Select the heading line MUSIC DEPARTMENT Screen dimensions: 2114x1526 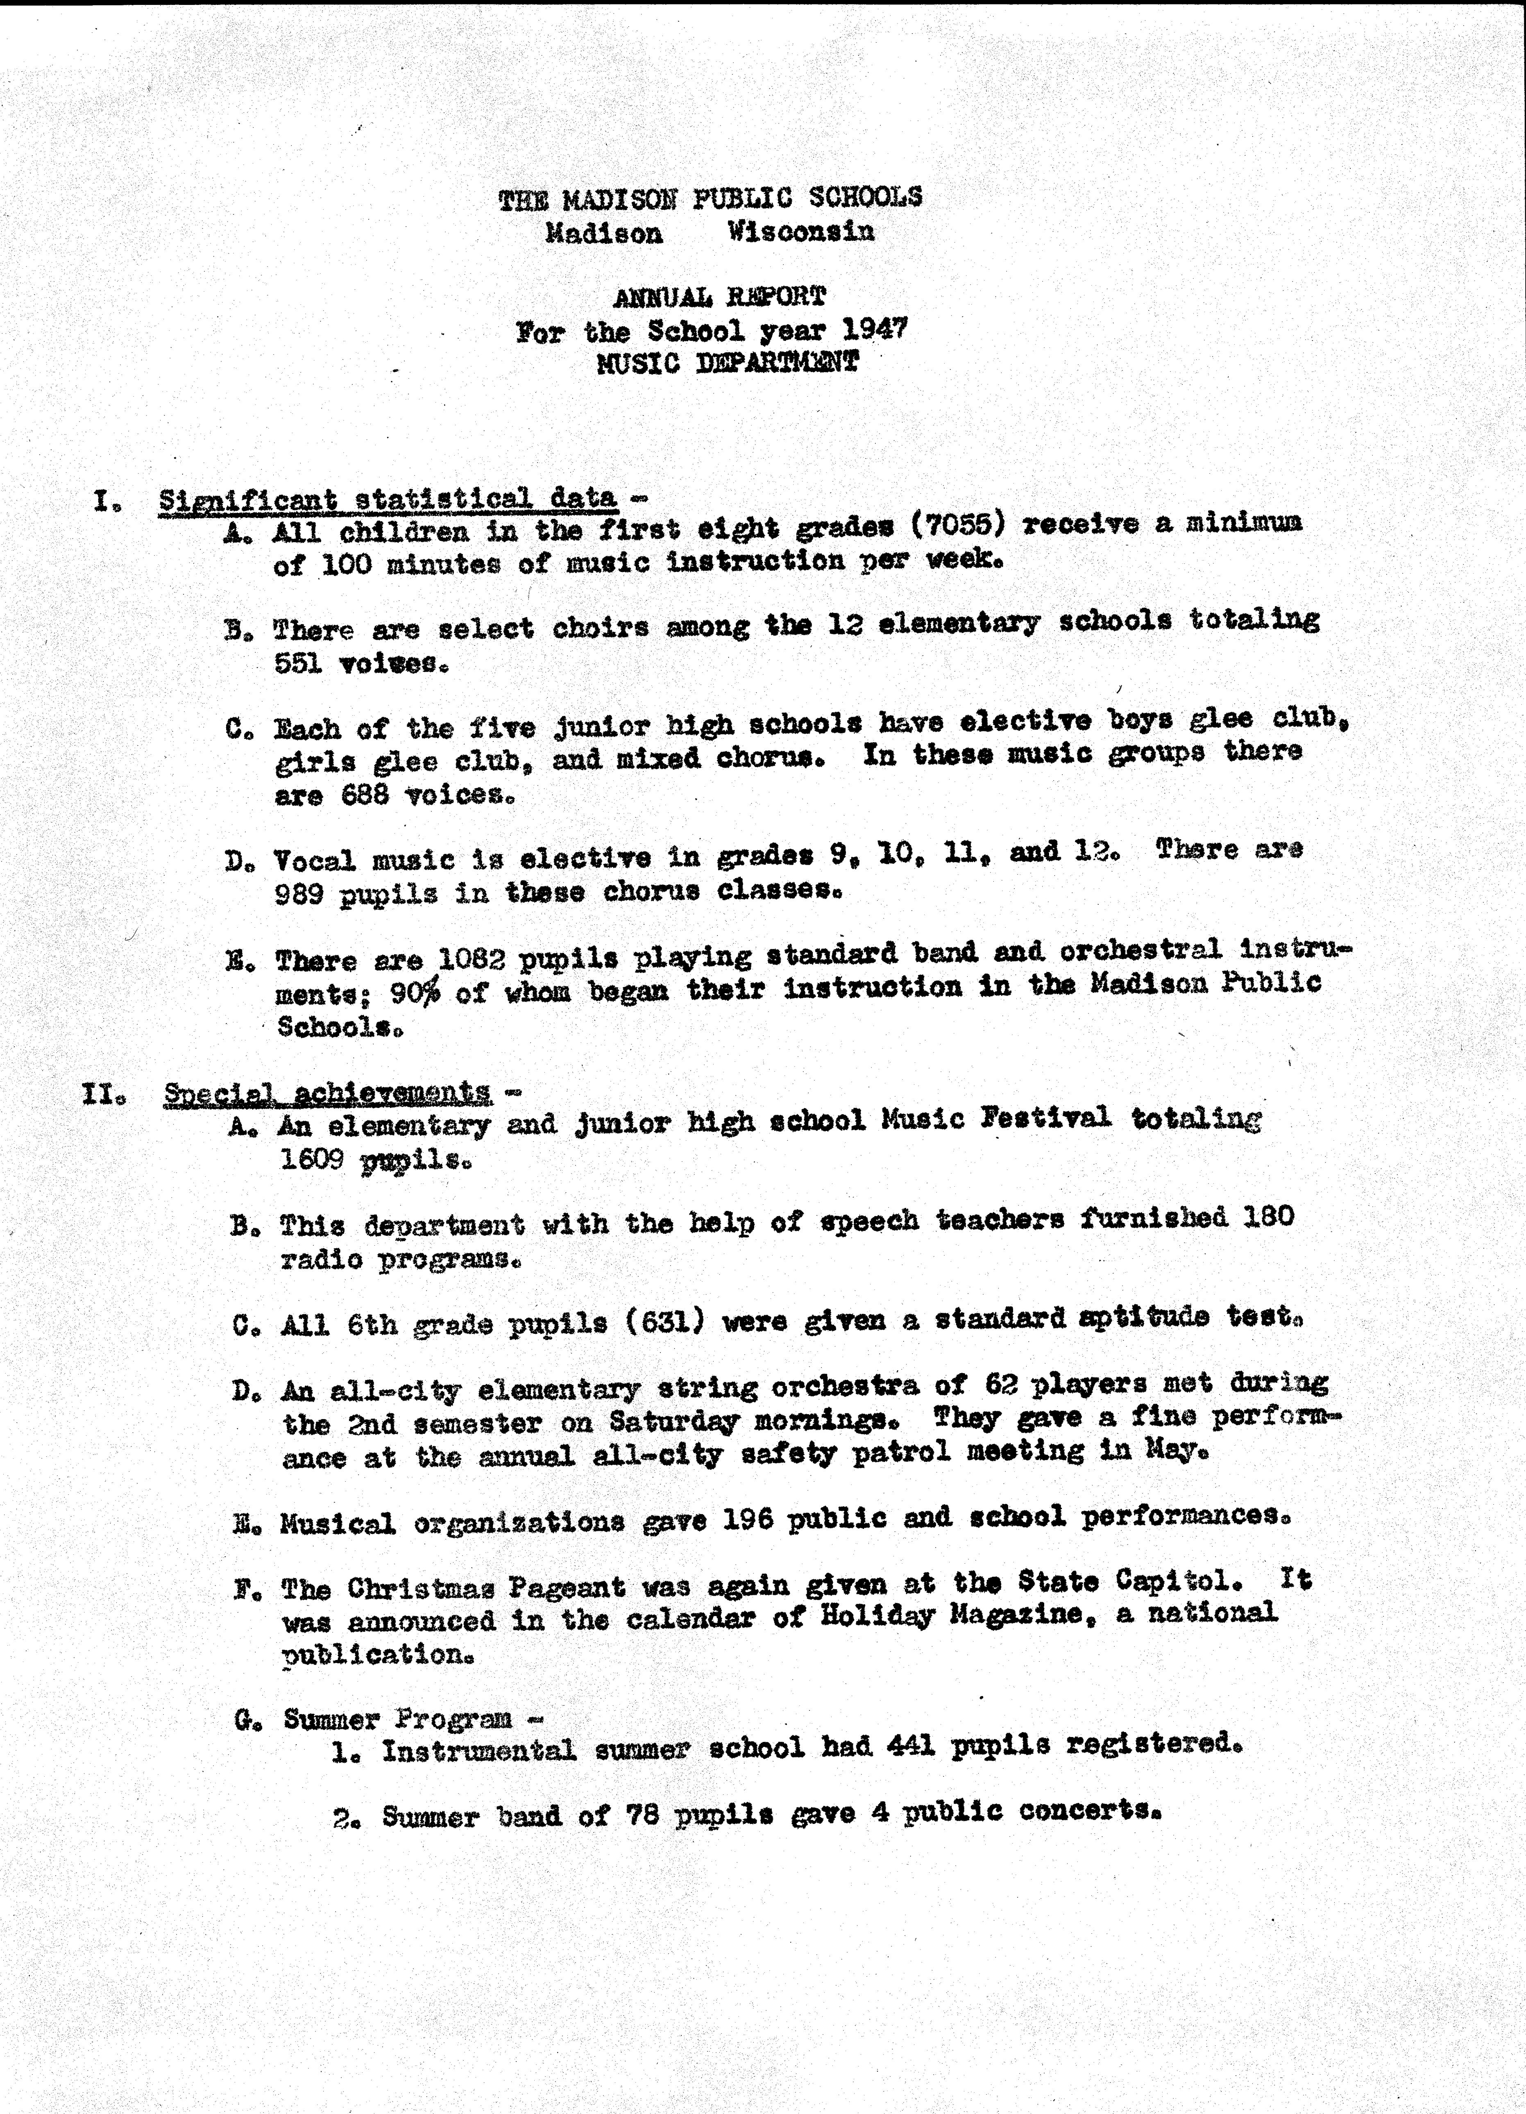[728, 363]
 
